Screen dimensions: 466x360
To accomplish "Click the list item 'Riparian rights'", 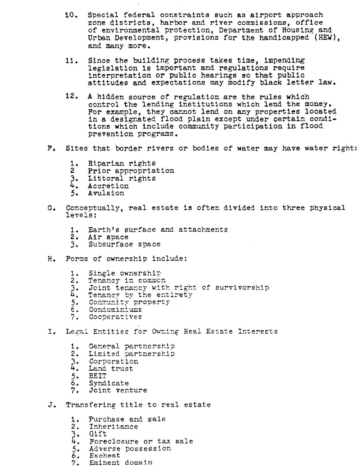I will pyautogui.click(x=122, y=164).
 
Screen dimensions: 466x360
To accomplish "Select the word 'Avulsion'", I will pyautogui.click(x=106, y=193).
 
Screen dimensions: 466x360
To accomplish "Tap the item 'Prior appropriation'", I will pyautogui.click(x=131, y=171).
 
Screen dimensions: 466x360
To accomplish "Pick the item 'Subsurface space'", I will pyautogui.click(x=124, y=244).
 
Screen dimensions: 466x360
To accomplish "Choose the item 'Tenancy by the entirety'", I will pyautogui.click(x=140, y=295).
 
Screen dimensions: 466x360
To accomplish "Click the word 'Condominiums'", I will pyautogui.click(x=115, y=310).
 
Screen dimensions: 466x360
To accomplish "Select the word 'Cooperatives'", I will pyautogui.click(x=115, y=317).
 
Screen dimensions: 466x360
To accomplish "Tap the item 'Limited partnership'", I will pyautogui.click(x=132, y=354).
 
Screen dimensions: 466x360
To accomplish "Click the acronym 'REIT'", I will pyautogui.click(x=98, y=376).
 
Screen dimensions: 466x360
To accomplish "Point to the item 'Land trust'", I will pyautogui.click(x=111, y=369).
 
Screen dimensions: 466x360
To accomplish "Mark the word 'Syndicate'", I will pyautogui.click(x=109, y=383).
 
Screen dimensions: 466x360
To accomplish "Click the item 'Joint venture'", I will pyautogui.click(x=118, y=391).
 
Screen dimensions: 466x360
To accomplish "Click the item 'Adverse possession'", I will pyautogui.click(x=130, y=448).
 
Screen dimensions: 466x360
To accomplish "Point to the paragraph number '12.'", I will pyautogui.click(x=72, y=97).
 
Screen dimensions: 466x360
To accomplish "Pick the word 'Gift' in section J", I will pyautogui.click(x=98, y=434).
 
